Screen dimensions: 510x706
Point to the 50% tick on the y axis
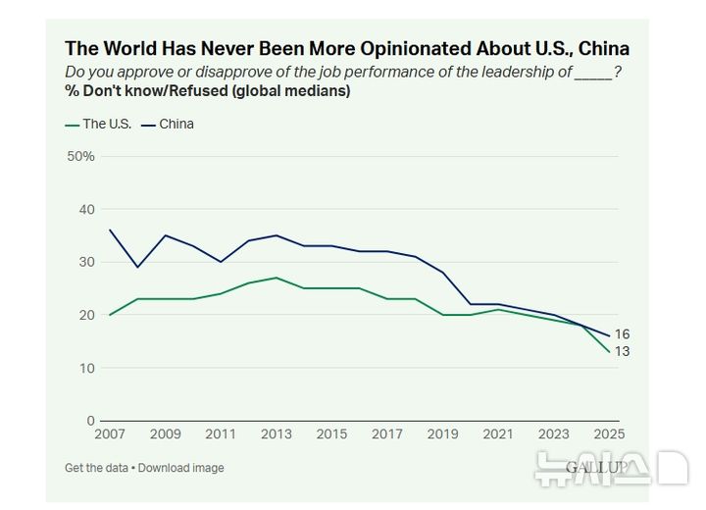pos(80,156)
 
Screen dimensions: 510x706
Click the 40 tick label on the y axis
pos(86,209)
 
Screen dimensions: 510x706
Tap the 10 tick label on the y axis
pos(86,368)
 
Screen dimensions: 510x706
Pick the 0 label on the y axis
pos(90,421)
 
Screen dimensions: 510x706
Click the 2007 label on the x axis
pos(109,434)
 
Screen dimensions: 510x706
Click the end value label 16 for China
pos(622,334)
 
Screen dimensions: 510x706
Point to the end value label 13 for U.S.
pos(622,351)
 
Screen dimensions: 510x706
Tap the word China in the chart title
pos(604,48)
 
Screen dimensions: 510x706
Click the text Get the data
pos(96,468)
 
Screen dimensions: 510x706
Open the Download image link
pos(180,468)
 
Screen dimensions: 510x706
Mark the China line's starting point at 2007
pos(109,229)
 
